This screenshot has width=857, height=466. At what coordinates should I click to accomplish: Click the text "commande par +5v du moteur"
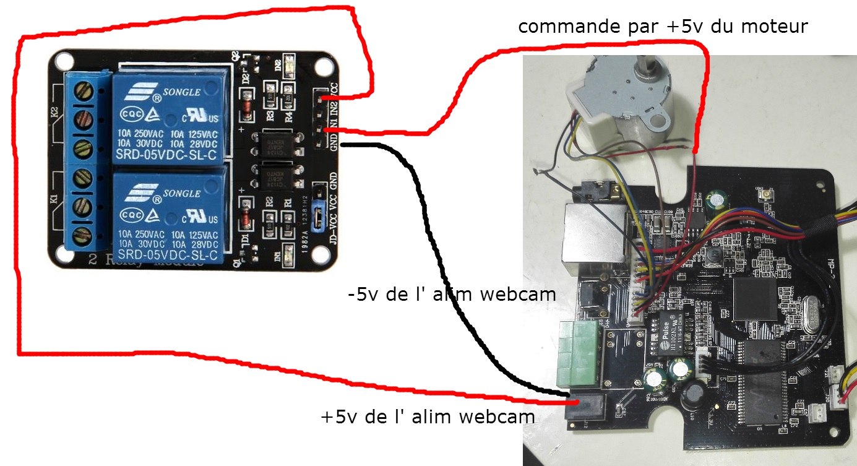point(663,27)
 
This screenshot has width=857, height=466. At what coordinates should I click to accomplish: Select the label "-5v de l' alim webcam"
point(452,294)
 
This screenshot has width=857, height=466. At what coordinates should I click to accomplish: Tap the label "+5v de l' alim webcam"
point(428,416)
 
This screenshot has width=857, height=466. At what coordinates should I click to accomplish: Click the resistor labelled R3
point(270,99)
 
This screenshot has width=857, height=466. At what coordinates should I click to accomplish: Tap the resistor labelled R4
point(288,99)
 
